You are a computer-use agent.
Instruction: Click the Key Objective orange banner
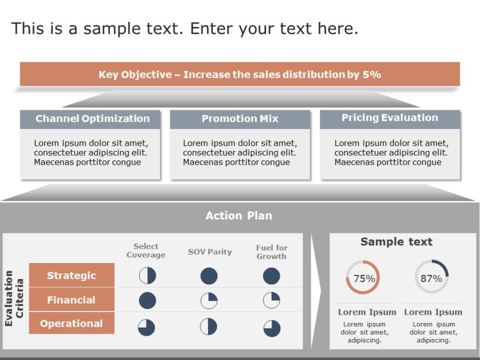(x=239, y=74)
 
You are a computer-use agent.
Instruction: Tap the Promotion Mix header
(x=240, y=119)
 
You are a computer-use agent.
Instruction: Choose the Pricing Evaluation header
(x=390, y=118)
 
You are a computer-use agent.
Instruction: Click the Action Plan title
(x=238, y=216)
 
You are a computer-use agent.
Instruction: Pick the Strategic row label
(x=72, y=276)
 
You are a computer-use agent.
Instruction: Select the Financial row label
(x=72, y=300)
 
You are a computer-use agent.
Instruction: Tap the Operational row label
(x=72, y=324)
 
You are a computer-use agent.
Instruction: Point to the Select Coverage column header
(x=146, y=251)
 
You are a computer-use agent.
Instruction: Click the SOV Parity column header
(x=210, y=252)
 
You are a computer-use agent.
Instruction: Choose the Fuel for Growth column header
(x=271, y=252)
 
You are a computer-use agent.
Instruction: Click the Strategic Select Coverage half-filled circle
(x=147, y=276)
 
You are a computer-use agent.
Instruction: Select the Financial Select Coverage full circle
(x=147, y=300)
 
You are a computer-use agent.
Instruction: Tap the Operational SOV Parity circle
(x=209, y=326)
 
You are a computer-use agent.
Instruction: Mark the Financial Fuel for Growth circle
(x=271, y=300)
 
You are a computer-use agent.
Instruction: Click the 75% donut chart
(x=363, y=278)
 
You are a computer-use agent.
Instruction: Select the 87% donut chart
(x=431, y=277)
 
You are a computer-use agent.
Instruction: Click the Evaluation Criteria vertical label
(x=14, y=298)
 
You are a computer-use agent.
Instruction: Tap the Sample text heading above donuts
(x=396, y=242)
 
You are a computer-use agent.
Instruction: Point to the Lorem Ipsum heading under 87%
(x=433, y=312)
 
